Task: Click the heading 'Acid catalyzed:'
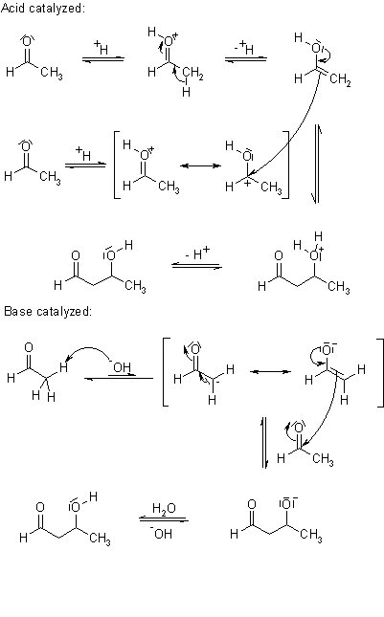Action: pos(42,8)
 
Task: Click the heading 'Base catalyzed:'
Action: pos(48,311)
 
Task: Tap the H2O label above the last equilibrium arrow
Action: pos(164,509)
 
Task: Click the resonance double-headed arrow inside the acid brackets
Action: pos(201,165)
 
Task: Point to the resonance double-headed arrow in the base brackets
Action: pos(271,371)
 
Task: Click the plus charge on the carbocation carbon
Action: pos(246,182)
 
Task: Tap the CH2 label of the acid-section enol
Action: pos(340,80)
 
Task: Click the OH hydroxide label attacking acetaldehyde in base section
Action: pos(121,367)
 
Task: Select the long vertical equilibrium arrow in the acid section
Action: pos(317,165)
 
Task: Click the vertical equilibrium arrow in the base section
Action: pos(265,442)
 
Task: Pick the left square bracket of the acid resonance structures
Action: pos(117,165)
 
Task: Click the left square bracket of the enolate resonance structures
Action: pos(166,371)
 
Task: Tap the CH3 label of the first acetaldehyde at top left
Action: pos(52,73)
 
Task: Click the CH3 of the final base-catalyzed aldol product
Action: pos(100,539)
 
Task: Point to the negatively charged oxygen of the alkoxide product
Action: pos(286,503)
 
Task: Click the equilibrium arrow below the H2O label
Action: pos(164,520)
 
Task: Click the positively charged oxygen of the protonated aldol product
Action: pos(315,255)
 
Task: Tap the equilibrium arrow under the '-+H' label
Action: pos(246,59)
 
